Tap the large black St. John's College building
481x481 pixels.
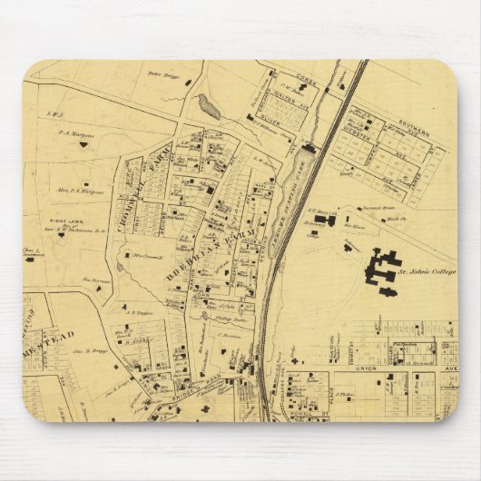(x=381, y=269)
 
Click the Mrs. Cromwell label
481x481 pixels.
(x=146, y=256)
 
